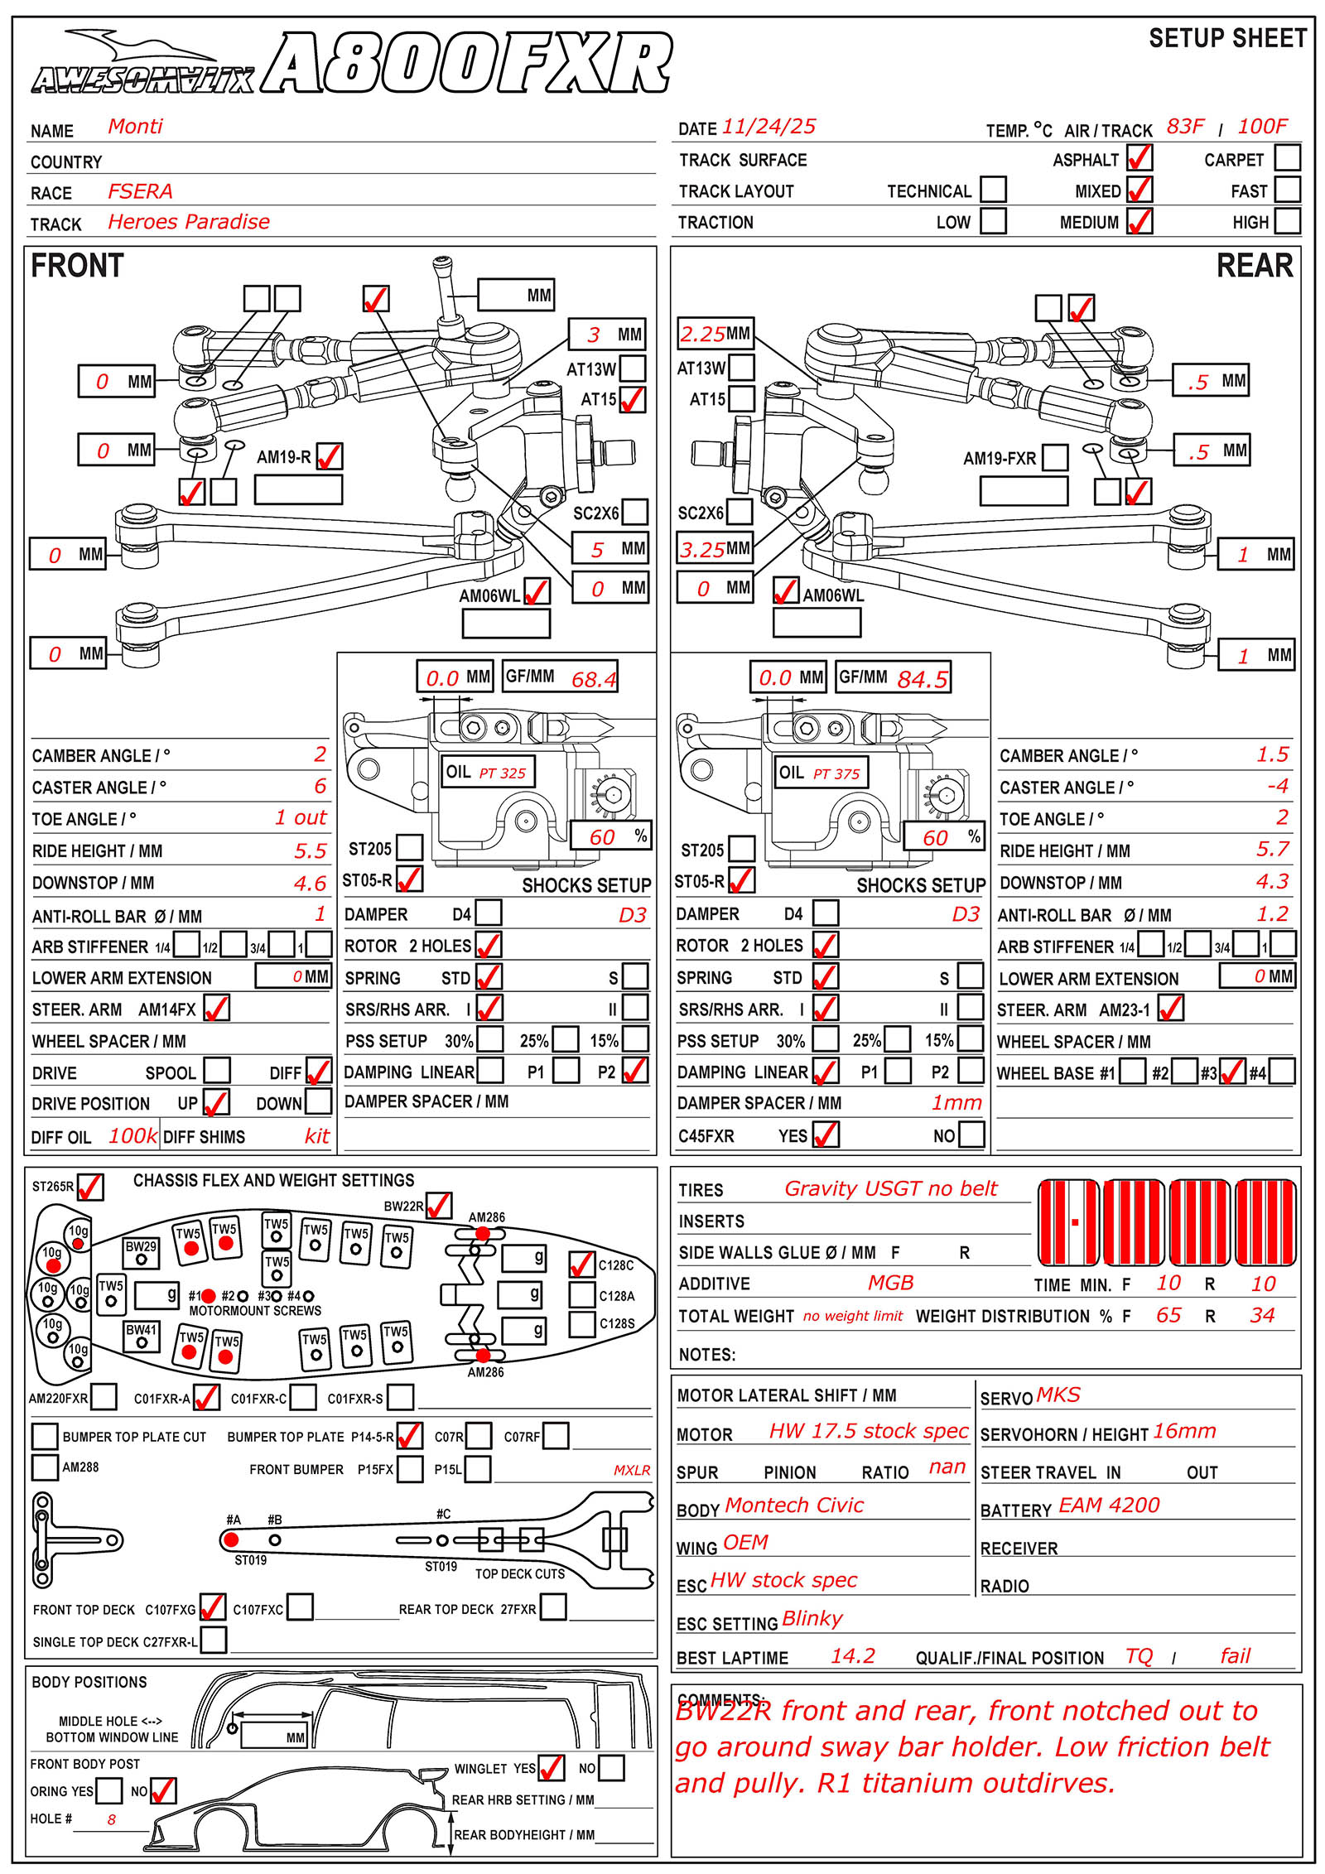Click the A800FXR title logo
click(x=468, y=64)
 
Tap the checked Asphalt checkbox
click(x=1139, y=157)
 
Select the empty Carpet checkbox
click(x=1287, y=157)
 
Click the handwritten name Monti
click(x=135, y=127)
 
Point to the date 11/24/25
click(x=768, y=127)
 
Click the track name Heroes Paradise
click(x=189, y=222)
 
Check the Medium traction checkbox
click(x=1139, y=221)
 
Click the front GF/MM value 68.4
click(x=594, y=679)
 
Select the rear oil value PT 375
click(x=836, y=774)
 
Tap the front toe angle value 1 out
click(x=301, y=817)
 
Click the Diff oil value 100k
click(x=132, y=1136)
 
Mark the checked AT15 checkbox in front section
click(x=633, y=400)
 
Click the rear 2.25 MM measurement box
click(x=715, y=334)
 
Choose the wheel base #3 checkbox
click(x=1232, y=1072)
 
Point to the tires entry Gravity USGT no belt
click(x=891, y=1189)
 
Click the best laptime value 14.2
click(x=853, y=1655)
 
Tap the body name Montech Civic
click(x=794, y=1505)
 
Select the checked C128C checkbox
click(x=582, y=1265)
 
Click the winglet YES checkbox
click(x=552, y=1768)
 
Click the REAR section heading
click(x=1254, y=266)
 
